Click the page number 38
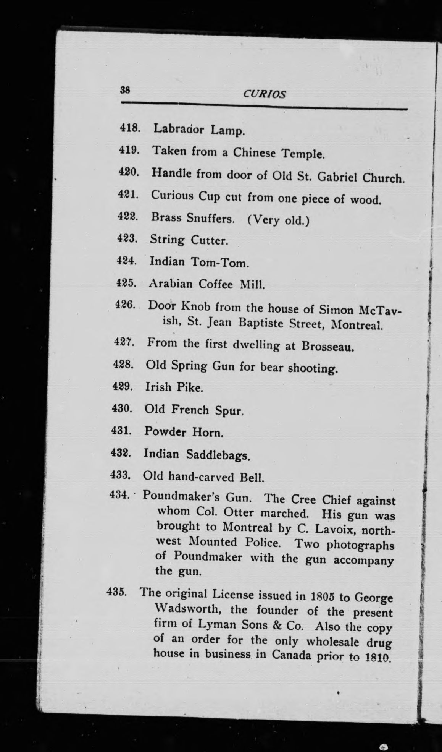[125, 90]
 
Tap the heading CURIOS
[264, 94]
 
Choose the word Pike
[189, 387]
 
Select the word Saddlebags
[218, 455]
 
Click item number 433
[121, 476]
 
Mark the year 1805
[323, 596]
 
